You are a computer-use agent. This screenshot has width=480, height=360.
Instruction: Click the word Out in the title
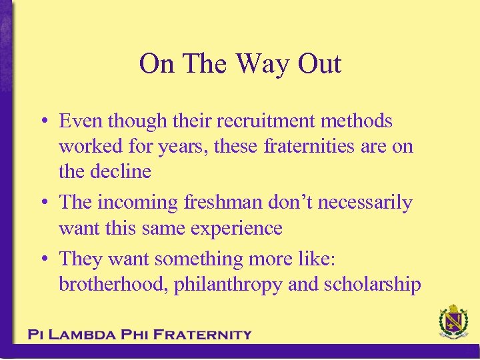tap(319, 64)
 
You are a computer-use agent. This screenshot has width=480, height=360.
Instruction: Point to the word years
tap(188, 146)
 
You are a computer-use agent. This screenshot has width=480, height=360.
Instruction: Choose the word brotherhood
tap(113, 285)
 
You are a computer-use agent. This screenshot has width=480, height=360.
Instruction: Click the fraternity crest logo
tap(453, 322)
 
